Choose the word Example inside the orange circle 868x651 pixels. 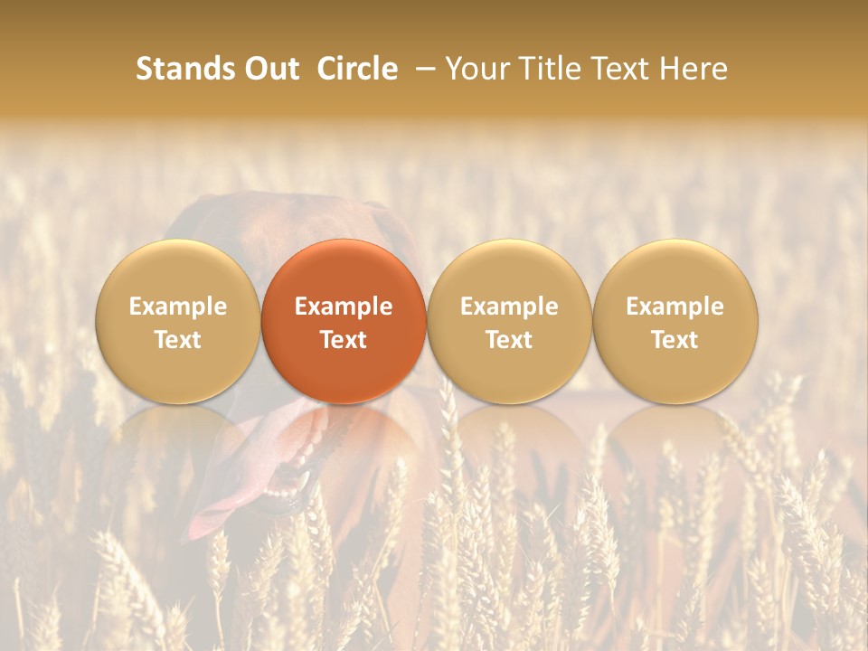point(344,307)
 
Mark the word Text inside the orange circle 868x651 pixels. point(344,340)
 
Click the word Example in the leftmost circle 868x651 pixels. point(178,307)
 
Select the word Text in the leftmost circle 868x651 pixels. point(178,340)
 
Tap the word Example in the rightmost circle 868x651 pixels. point(675,307)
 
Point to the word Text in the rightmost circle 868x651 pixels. point(675,340)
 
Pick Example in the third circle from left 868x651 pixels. point(509,307)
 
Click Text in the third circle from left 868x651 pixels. point(509,340)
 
